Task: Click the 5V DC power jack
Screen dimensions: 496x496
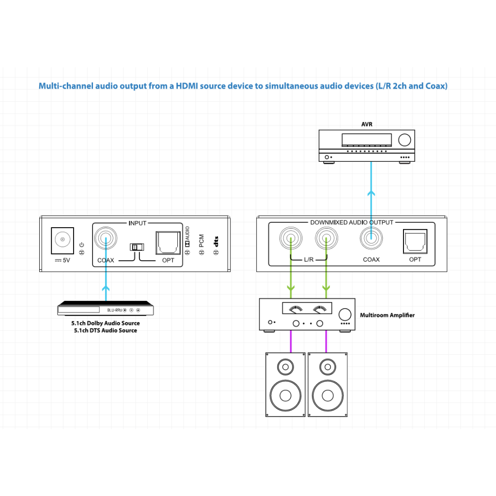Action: tap(62, 240)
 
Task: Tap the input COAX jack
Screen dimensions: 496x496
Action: tap(106, 238)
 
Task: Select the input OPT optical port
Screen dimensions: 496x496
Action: tap(168, 243)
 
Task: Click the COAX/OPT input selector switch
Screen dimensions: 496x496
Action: tap(137, 247)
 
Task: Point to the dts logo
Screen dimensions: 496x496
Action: tap(216, 241)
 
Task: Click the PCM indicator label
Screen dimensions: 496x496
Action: tap(201, 241)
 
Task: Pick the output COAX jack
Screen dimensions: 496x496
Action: tap(371, 238)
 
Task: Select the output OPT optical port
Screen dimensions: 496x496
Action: tap(415, 241)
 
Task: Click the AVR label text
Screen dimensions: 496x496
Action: tap(367, 124)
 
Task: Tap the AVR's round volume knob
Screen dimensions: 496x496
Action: tap(404, 140)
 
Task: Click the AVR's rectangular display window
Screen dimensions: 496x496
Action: tap(366, 140)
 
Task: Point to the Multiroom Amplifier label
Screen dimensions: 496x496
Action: tap(387, 315)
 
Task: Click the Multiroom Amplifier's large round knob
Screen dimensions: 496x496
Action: tap(345, 314)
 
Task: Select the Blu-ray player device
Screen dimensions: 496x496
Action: tap(105, 308)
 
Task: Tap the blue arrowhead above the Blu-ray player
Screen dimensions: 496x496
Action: tap(106, 288)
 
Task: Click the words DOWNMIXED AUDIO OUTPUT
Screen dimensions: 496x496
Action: tap(352, 222)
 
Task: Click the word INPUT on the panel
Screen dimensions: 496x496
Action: tap(137, 223)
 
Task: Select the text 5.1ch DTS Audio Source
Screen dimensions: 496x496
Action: tap(105, 330)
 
